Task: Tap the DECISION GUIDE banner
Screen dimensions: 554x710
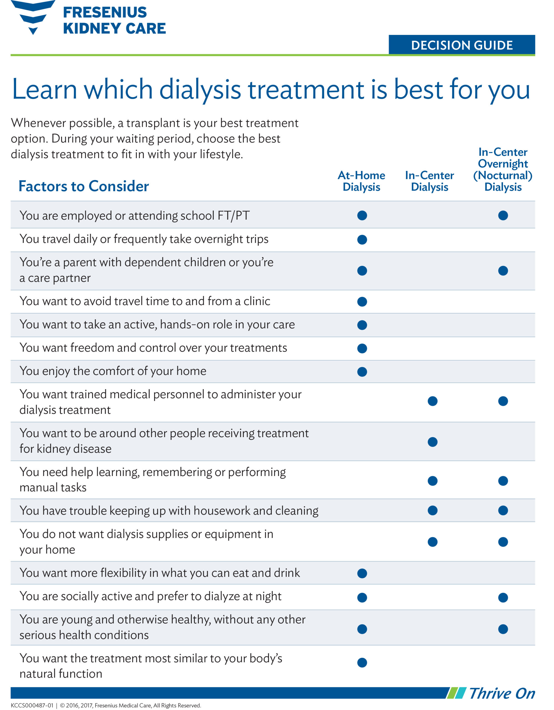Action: pyautogui.click(x=462, y=45)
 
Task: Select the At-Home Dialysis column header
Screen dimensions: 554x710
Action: pyautogui.click(x=361, y=181)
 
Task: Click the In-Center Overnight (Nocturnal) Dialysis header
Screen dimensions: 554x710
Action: pyautogui.click(x=503, y=169)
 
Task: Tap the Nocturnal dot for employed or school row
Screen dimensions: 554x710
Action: pyautogui.click(x=503, y=215)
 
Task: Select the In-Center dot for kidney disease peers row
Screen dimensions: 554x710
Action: pyautogui.click(x=432, y=442)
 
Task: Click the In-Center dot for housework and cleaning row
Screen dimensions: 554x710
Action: pyautogui.click(x=432, y=510)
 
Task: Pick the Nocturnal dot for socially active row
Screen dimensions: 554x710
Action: pyautogui.click(x=503, y=597)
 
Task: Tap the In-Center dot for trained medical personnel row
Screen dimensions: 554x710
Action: pyautogui.click(x=432, y=401)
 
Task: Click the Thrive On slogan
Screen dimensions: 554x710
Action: pyautogui.click(x=502, y=693)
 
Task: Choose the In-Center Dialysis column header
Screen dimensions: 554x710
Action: pyautogui.click(x=429, y=181)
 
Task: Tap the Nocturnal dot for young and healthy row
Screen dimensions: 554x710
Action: pyautogui.click(x=503, y=629)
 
